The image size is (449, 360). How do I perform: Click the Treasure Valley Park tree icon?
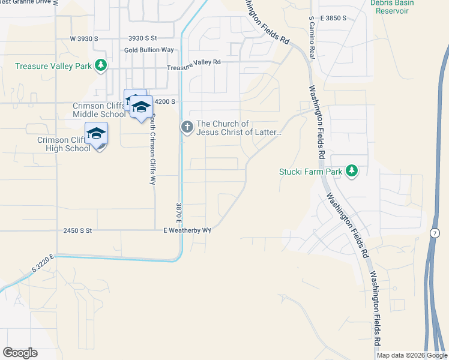(102, 65)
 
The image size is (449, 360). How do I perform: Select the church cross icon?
(187, 127)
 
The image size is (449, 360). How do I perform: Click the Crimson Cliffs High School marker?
(96, 134)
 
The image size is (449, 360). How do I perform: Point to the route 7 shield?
(435, 233)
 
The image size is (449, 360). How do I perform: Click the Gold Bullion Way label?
(149, 50)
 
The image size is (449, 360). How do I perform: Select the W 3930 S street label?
(83, 38)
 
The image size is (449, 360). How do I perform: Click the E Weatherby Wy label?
(187, 230)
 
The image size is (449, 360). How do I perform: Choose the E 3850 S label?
(333, 19)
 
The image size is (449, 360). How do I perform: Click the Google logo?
(20, 353)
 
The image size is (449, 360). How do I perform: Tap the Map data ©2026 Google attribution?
(412, 355)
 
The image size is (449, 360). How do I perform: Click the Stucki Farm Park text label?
(310, 172)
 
